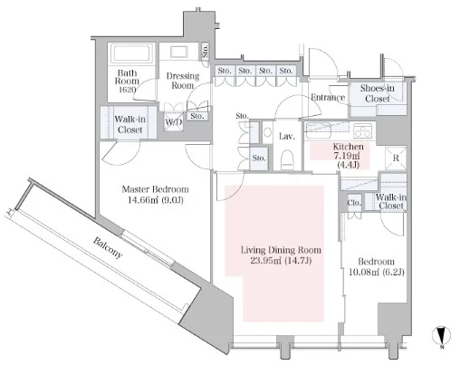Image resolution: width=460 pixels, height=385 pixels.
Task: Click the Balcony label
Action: [x=108, y=248]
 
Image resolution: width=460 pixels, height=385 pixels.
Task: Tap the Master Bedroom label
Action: [x=156, y=195]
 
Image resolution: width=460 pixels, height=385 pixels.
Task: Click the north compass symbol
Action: [x=441, y=337]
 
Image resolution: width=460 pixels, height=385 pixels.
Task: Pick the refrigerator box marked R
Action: [x=396, y=158]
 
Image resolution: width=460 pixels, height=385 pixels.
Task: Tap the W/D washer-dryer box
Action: [x=174, y=121]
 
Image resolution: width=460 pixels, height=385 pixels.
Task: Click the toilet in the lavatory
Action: [x=287, y=159]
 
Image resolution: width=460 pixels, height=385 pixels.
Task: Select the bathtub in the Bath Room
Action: [x=130, y=53]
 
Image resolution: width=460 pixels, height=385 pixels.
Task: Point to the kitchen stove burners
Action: [x=363, y=131]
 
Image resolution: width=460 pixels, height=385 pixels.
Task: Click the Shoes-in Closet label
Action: [x=377, y=93]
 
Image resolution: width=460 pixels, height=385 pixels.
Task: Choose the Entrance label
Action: [x=328, y=97]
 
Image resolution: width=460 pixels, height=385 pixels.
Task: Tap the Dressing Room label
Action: [x=183, y=81]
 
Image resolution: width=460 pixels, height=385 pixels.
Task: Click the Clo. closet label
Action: [x=354, y=202]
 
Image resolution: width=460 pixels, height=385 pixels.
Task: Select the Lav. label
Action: [x=286, y=136]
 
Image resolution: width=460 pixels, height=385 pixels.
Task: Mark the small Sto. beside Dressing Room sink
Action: [x=206, y=51]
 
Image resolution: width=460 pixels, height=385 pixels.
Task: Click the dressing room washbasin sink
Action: [x=179, y=52]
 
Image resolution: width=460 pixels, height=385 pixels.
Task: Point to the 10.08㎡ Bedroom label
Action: [x=376, y=267]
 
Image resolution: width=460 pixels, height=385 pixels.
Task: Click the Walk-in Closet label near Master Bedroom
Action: [x=129, y=124]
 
